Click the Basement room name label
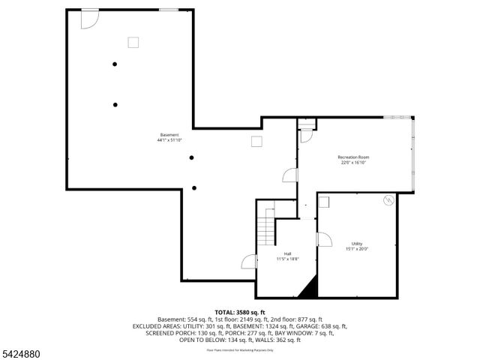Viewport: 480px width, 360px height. click(169, 135)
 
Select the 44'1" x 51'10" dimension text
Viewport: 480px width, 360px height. click(169, 140)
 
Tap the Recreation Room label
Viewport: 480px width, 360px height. click(353, 157)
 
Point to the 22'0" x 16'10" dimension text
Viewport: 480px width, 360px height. click(353, 162)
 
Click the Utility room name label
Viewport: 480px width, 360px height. click(357, 244)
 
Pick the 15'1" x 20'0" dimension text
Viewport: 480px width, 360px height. click(357, 249)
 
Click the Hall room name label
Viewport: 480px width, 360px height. click(287, 253)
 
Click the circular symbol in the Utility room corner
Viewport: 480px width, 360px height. click(388, 200)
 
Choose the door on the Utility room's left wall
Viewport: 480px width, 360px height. click(324, 239)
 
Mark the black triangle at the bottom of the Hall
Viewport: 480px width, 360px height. click(307, 288)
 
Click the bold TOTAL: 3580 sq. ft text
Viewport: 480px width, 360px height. click(240, 312)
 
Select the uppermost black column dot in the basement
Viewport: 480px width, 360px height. click(115, 64)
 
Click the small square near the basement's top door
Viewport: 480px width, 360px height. click(134, 42)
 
